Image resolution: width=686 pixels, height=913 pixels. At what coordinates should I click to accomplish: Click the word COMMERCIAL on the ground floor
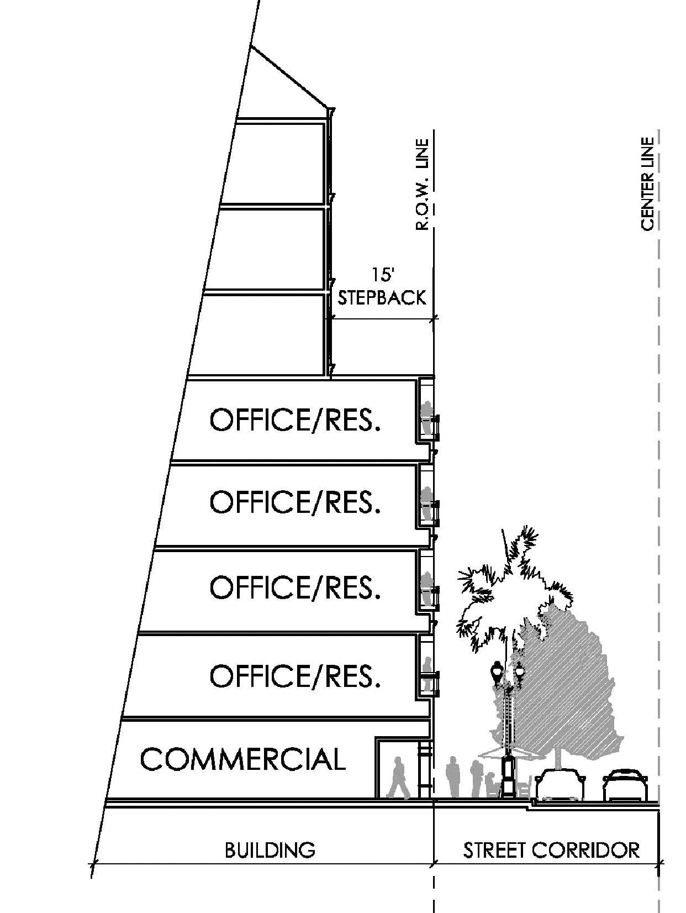click(x=242, y=759)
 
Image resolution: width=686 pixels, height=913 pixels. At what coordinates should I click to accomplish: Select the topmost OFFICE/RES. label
click(x=295, y=420)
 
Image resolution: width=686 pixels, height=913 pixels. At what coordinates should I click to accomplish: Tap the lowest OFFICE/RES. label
click(x=295, y=675)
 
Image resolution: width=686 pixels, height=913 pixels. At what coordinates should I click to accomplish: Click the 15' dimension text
click(x=382, y=276)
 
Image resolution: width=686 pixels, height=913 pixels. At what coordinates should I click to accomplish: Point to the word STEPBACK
click(x=382, y=297)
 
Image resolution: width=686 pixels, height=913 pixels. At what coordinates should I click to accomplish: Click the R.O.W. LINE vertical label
click(x=423, y=185)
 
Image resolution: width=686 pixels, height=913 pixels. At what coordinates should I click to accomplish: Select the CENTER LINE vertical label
click(x=647, y=183)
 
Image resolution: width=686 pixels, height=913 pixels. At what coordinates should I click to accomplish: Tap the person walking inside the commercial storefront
click(x=398, y=778)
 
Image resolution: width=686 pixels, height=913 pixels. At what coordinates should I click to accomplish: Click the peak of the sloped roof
click(x=251, y=46)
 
